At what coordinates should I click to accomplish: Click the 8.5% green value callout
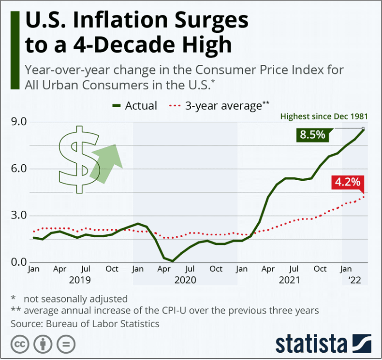point(312,135)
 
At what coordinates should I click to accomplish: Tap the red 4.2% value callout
point(346,183)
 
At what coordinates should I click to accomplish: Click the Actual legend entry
point(135,105)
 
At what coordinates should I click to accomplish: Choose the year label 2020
point(185,280)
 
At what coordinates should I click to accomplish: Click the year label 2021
point(289,280)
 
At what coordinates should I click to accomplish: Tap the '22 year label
point(355,280)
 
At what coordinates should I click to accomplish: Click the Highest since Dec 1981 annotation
point(324,116)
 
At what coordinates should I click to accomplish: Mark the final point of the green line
point(363,129)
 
